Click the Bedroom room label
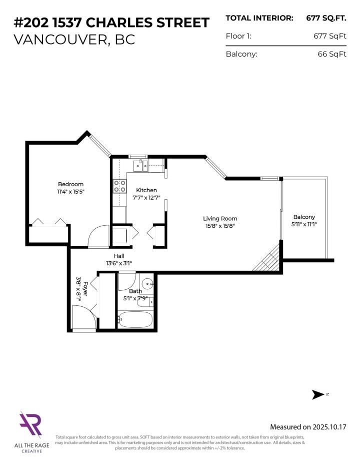70,184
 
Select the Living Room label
220,218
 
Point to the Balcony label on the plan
304,217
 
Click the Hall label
119,256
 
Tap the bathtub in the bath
135,319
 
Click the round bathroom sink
147,282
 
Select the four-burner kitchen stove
120,186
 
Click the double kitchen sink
140,166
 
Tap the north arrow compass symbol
318,395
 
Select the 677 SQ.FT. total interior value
326,18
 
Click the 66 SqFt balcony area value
332,54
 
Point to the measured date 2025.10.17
327,427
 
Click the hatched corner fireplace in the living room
267,259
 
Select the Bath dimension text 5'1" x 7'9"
135,298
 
